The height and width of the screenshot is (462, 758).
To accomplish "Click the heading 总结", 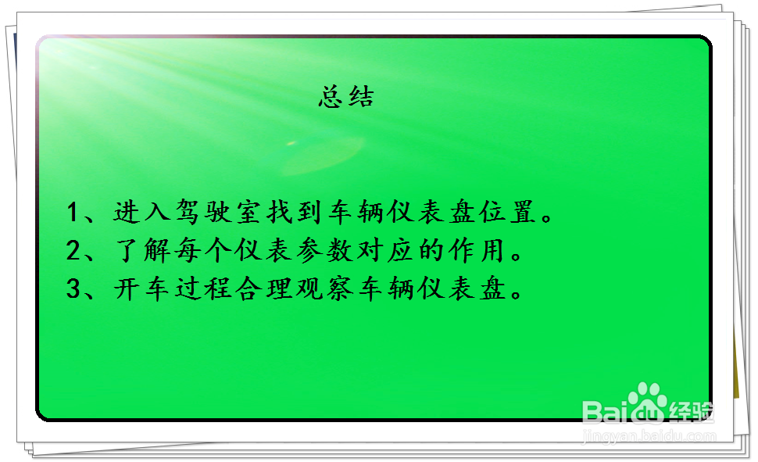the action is (x=346, y=96).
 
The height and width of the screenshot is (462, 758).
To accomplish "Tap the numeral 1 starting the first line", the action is (x=72, y=212).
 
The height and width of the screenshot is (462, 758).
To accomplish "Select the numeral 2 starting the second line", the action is (x=73, y=251).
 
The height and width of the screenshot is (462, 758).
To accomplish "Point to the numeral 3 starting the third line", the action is (x=73, y=288).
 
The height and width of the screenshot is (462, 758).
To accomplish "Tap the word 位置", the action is (x=508, y=212).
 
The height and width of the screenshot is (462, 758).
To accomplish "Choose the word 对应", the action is (x=386, y=251).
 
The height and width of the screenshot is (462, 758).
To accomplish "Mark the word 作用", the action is (x=477, y=251).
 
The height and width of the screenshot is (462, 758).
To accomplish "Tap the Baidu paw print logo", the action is (x=648, y=403).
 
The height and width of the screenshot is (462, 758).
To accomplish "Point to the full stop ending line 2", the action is (x=517, y=256).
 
